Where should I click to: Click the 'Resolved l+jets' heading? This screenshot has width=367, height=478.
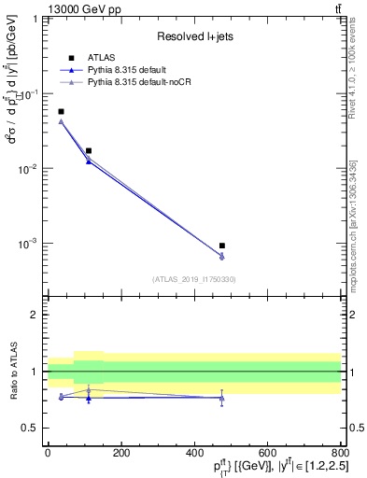click(x=193, y=36)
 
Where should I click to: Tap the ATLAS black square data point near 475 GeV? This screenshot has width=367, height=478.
click(x=222, y=246)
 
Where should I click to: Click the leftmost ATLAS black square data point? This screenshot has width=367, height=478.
click(x=61, y=111)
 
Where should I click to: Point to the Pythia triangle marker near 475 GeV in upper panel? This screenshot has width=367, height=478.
click(x=222, y=257)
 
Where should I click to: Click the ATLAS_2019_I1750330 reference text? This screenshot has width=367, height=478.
click(x=193, y=278)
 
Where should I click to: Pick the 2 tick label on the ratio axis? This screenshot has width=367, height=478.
click(x=36, y=315)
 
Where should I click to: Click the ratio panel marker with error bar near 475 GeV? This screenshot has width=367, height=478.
click(x=222, y=398)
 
